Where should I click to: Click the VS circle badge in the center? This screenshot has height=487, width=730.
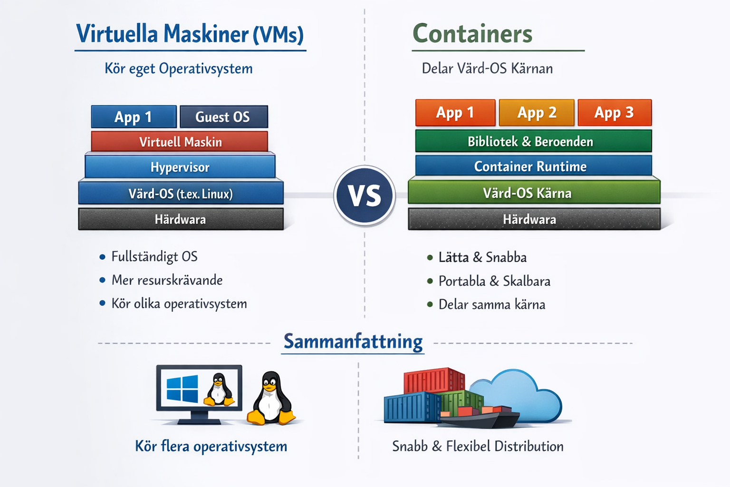pyautogui.click(x=365, y=195)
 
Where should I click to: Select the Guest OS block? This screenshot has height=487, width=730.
pyautogui.click(x=223, y=117)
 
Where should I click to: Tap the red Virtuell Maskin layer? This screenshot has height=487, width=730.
pyautogui.click(x=180, y=142)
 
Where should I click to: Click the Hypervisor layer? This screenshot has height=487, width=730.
pyautogui.click(x=180, y=167)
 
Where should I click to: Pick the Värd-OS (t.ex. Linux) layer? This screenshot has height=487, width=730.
pyautogui.click(x=181, y=194)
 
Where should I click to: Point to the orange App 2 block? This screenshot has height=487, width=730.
pyautogui.click(x=537, y=113)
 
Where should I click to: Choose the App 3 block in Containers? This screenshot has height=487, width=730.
pyautogui.click(x=614, y=113)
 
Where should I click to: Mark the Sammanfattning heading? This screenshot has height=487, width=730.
pyautogui.click(x=353, y=342)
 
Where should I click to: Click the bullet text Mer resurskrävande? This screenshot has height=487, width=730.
pyautogui.click(x=167, y=280)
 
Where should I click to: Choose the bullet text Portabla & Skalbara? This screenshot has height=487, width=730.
pyautogui.click(x=494, y=281)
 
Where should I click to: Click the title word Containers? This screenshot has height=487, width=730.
pyautogui.click(x=472, y=34)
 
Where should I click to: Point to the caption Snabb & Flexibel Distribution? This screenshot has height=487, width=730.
pyautogui.click(x=478, y=446)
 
